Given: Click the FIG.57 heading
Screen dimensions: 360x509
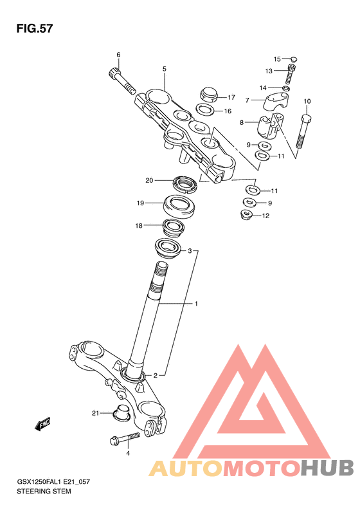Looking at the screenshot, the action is tap(34, 28).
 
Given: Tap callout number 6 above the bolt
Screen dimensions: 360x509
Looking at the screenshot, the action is tap(118, 55).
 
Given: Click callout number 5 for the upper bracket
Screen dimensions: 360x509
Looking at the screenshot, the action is tap(165, 69).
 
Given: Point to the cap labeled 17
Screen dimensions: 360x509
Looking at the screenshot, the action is tap(208, 94).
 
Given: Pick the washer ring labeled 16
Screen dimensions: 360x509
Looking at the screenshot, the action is tap(205, 109).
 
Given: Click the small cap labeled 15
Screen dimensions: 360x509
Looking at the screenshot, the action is tap(294, 59).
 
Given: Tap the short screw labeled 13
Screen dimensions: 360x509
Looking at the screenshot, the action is tap(291, 75).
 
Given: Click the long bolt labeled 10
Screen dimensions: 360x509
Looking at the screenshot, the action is tap(303, 132).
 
